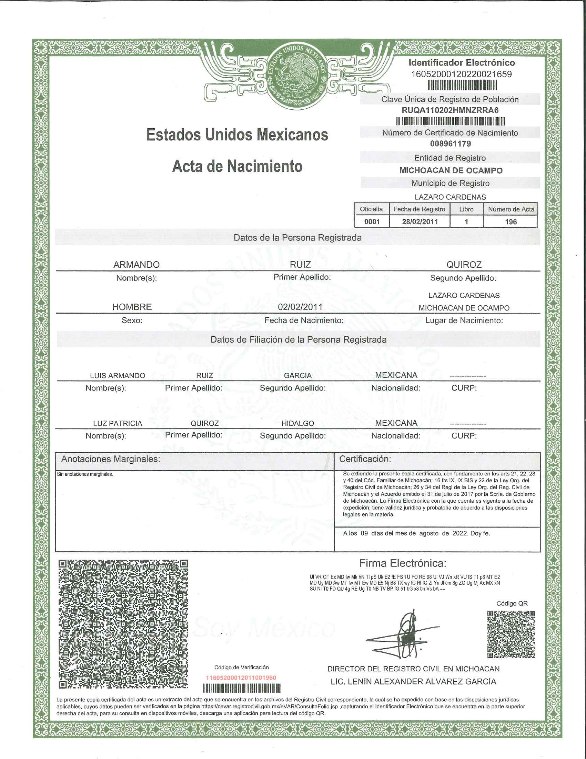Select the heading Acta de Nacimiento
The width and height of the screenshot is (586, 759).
point(237,166)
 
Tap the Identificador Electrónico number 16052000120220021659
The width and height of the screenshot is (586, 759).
point(461,75)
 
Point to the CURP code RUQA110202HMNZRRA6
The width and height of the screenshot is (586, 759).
point(450,110)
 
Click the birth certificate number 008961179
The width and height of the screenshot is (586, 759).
point(450,144)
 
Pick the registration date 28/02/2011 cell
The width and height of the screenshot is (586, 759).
point(420,222)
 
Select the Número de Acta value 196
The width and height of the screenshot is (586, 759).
point(511,222)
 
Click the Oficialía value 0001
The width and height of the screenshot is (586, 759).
point(372,222)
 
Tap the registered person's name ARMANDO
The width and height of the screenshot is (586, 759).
point(137,265)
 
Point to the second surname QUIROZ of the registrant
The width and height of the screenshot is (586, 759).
point(464,265)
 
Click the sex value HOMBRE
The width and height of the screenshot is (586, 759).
point(132,307)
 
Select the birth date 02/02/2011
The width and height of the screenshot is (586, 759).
point(300,307)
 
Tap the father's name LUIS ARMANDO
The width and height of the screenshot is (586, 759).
point(117,376)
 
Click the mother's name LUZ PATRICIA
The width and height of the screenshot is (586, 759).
point(117,424)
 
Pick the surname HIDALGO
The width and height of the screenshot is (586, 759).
point(297,424)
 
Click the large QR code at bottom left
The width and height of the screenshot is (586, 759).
point(123,624)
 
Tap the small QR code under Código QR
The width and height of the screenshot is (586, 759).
point(511,634)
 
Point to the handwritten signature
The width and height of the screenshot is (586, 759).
point(406,635)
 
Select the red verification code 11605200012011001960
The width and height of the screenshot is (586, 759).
point(241,678)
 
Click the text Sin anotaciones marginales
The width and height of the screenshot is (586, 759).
point(85,474)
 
